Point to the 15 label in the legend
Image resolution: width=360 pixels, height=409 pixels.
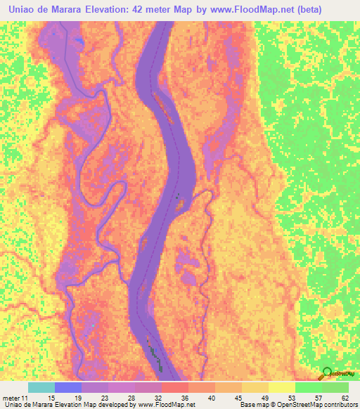pyautogui.click(x=41, y=398)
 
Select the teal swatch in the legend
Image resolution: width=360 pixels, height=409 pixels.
pyautogui.click(x=41, y=387)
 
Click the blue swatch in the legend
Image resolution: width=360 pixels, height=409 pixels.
pyautogui.click(x=68, y=387)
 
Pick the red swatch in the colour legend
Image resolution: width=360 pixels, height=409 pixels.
pyautogui.click(x=174, y=387)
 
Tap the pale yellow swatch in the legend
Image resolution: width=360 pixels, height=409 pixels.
pyautogui.click(x=281, y=387)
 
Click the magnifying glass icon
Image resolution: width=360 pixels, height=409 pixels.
pyautogui.click(x=327, y=373)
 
